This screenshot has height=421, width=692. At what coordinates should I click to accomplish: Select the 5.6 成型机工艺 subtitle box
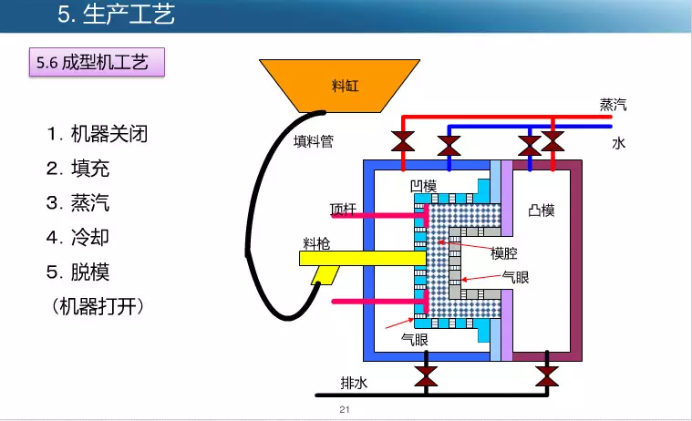point(98,64)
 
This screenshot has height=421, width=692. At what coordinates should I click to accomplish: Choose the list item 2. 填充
point(77,169)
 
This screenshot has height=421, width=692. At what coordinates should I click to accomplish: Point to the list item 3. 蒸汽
point(77,202)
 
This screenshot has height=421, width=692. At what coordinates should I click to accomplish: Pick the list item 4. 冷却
point(77,237)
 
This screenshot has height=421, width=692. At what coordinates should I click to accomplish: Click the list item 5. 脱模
point(77,272)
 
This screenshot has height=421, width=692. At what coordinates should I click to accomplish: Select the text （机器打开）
point(99,306)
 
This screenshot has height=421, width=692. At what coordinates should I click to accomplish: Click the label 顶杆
point(345,207)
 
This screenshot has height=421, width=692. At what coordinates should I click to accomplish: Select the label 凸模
point(541,210)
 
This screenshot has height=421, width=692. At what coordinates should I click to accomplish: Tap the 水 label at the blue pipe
point(619,143)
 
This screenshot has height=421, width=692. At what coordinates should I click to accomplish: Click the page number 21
point(344,409)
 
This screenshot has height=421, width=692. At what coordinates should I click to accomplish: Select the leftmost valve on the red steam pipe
point(401,141)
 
